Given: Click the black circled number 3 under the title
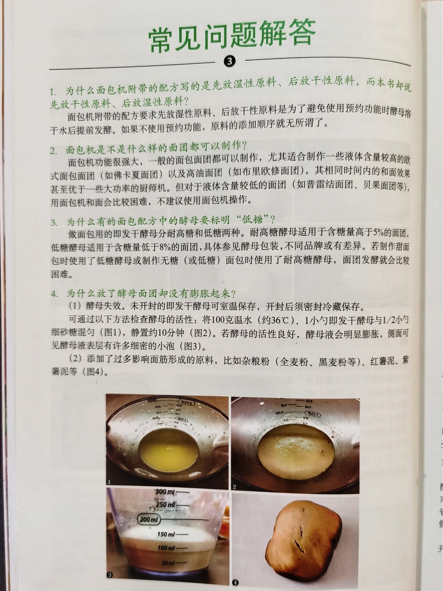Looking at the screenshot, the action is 229,62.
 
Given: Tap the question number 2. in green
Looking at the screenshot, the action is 53,151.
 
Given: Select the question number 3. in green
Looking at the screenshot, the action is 54,223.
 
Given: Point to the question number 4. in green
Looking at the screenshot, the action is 55,294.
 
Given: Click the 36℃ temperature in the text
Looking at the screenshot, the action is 278,321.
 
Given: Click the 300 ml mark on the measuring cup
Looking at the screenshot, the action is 165,492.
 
